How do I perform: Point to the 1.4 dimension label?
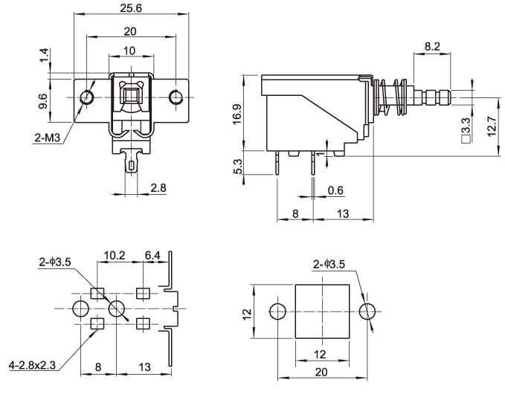point(44,54)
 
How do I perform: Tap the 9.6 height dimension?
point(44,101)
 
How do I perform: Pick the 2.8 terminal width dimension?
point(158,187)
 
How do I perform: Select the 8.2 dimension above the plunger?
point(431,46)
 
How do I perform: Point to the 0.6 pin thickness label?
point(335,190)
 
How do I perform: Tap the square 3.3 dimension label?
point(465,127)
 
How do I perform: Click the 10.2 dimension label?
point(114,256)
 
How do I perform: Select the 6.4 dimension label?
point(153,256)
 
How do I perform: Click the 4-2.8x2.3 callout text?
point(31,365)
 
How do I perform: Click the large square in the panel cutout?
point(322,310)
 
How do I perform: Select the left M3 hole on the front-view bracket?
point(87,97)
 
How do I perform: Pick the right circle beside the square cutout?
point(368,310)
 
